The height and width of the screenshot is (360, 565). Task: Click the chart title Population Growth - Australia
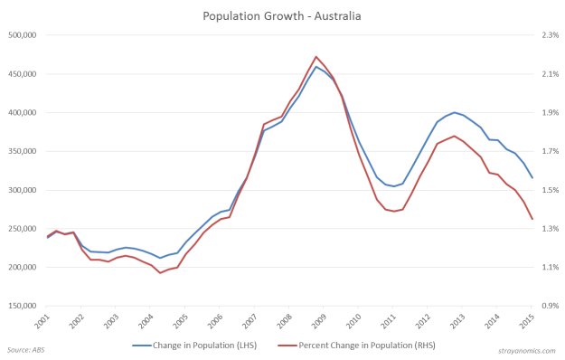(282, 15)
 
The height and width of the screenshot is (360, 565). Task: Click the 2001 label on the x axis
(40, 321)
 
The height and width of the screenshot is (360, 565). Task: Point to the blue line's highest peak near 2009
(316, 67)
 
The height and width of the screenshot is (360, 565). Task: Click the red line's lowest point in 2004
(160, 272)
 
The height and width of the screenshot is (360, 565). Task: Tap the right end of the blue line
(532, 177)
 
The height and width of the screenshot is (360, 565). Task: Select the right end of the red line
(532, 219)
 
